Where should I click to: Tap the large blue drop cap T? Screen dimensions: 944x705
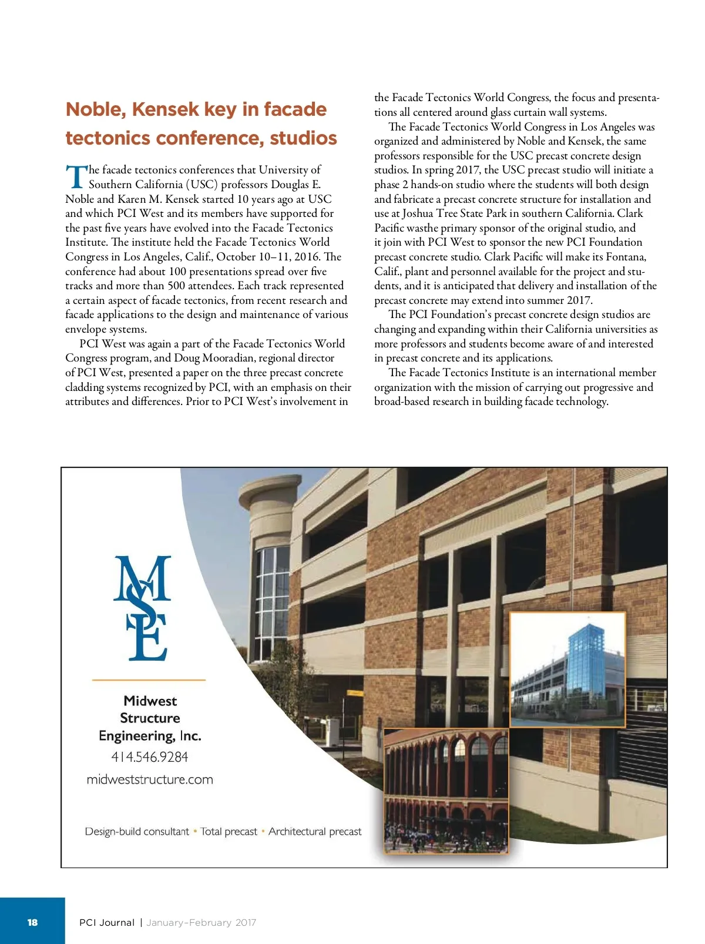[x=76, y=176]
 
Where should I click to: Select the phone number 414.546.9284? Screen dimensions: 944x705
[x=149, y=757]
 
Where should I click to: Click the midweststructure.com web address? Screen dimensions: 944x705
[x=149, y=779]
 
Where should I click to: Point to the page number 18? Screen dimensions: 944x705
[x=32, y=922]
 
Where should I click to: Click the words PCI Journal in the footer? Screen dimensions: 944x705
[x=107, y=923]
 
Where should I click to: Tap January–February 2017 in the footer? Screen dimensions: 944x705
[x=201, y=923]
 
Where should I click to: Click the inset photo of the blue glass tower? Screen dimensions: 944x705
[x=567, y=670]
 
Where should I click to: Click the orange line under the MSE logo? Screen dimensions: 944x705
[x=149, y=680]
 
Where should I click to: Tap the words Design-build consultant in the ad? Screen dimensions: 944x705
[x=137, y=832]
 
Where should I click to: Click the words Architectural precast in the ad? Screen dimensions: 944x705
[x=315, y=832]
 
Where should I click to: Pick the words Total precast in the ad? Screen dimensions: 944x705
[x=229, y=832]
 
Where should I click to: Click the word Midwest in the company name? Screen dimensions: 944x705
[x=150, y=701]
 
